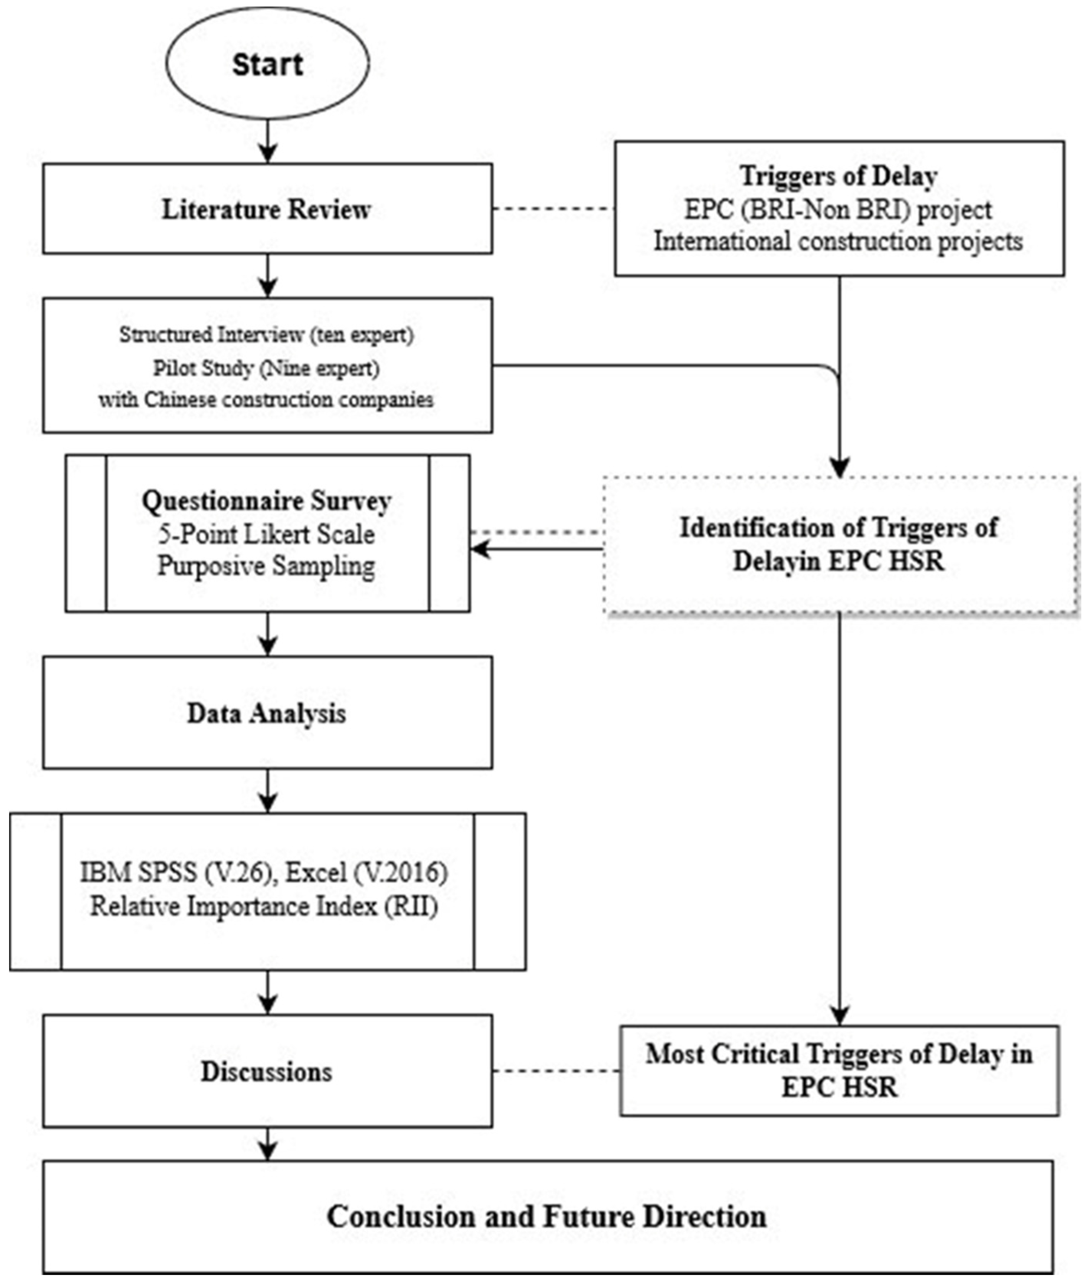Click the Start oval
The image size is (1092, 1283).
(x=267, y=64)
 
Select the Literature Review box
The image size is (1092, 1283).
(x=267, y=209)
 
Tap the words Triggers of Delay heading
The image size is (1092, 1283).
(x=839, y=177)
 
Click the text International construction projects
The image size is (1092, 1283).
(x=839, y=241)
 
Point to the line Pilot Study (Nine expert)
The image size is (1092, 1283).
(x=266, y=368)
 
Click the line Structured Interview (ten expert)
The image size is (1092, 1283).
(x=266, y=335)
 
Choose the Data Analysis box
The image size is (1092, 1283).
(x=267, y=713)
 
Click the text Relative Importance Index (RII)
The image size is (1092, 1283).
(x=264, y=907)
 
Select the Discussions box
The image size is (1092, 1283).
(x=267, y=1071)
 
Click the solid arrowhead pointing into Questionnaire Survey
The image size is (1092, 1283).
(x=480, y=548)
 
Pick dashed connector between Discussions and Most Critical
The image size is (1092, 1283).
(x=556, y=1071)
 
